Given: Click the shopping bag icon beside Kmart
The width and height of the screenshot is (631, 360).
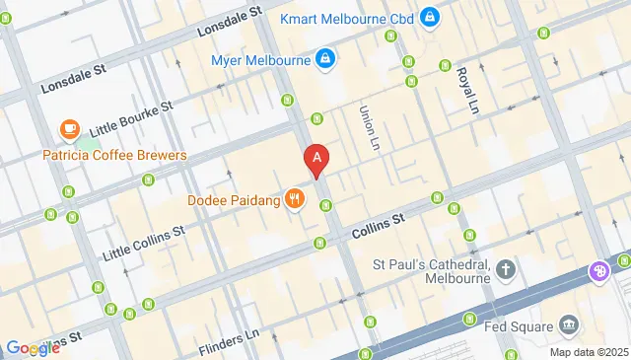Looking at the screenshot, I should tap(429, 17).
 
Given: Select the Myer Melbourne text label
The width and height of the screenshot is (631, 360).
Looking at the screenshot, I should tap(260, 60).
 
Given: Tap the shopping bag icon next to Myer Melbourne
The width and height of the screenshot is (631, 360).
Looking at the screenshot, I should tap(323, 60).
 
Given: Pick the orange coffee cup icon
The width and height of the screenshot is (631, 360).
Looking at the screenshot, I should tap(69, 129).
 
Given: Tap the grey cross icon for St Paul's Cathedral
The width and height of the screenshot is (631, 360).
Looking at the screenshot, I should tap(506, 268).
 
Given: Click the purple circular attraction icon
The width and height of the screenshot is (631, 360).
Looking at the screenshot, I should tap(599, 270).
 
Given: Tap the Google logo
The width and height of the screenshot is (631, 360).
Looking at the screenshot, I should tap(33, 347).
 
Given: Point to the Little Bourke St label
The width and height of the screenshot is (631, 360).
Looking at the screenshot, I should tap(130, 118).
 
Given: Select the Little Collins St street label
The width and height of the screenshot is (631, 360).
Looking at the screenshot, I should tap(144, 241).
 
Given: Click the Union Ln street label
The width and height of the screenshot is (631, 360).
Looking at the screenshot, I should tap(370, 128).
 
